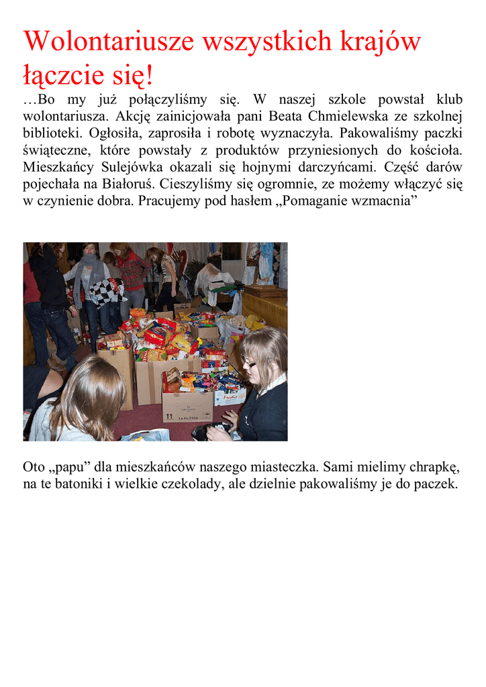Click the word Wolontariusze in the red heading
108,42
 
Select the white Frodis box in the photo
230,395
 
